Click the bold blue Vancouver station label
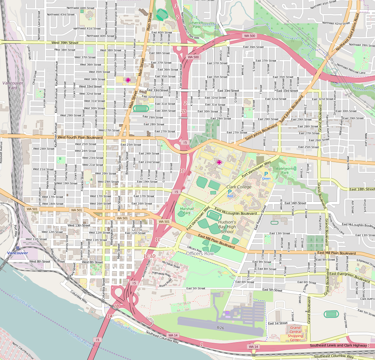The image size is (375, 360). (17, 253)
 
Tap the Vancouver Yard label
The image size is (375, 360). (13, 85)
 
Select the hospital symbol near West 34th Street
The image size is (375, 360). (128, 80)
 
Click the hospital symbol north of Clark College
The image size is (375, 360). (219, 162)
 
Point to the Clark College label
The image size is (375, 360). (239, 187)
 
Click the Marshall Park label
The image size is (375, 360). (187, 211)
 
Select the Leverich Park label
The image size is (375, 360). (197, 24)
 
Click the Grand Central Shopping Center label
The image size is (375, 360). (295, 334)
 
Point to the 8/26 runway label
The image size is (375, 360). (220, 328)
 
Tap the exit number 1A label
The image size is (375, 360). (110, 316)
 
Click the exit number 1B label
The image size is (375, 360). (116, 306)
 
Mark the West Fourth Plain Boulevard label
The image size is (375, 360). (80, 137)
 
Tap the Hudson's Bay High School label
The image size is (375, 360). (227, 227)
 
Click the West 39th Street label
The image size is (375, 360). (65, 43)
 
